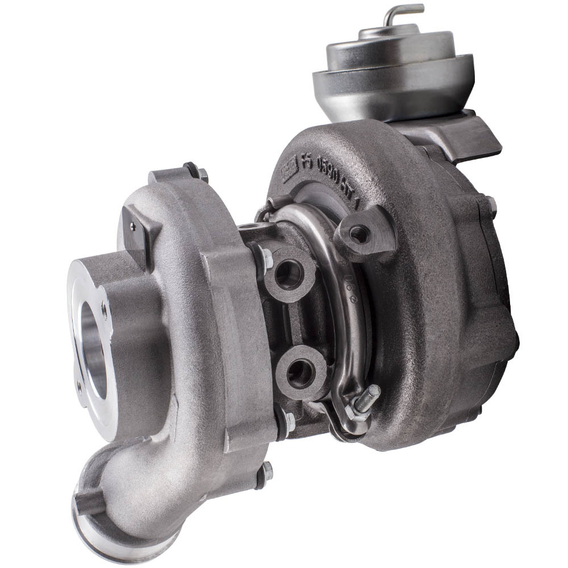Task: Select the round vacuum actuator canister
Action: tap(394, 80)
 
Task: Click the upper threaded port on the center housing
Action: tap(287, 273)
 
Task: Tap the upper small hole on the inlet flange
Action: tap(104, 310)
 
